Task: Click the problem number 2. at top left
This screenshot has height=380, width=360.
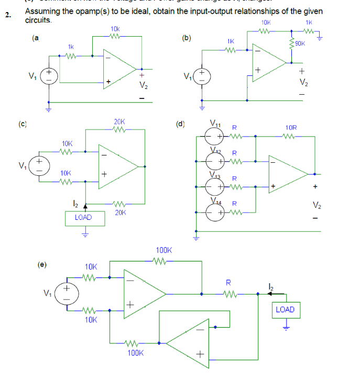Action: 7,15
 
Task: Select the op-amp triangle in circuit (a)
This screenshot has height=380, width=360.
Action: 121,66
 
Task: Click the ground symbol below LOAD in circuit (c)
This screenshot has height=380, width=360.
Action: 83,235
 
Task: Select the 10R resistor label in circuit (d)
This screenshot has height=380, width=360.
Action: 291,127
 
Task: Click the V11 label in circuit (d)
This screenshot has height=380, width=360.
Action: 215,124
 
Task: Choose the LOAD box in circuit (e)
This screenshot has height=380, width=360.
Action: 285,309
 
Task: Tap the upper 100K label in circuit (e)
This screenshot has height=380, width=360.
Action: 165,251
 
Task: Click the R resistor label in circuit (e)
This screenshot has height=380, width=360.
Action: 228,282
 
